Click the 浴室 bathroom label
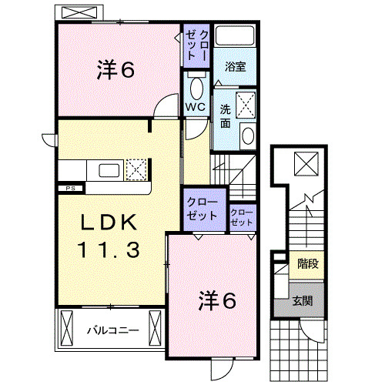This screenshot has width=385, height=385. [x=236, y=68]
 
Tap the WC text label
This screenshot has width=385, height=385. [x=194, y=108]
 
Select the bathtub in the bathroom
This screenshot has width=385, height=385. [x=236, y=36]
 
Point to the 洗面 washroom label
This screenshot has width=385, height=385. [x=224, y=115]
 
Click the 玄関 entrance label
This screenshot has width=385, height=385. [x=302, y=301]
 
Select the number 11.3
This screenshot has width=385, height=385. [x=109, y=250]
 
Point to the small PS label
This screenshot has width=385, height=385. [x=69, y=187]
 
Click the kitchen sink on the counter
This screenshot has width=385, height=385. [x=107, y=169]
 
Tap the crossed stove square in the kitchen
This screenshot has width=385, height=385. [x=136, y=169]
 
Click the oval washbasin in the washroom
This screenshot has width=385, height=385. [x=249, y=136]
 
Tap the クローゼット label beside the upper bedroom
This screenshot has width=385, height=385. [x=191, y=47]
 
